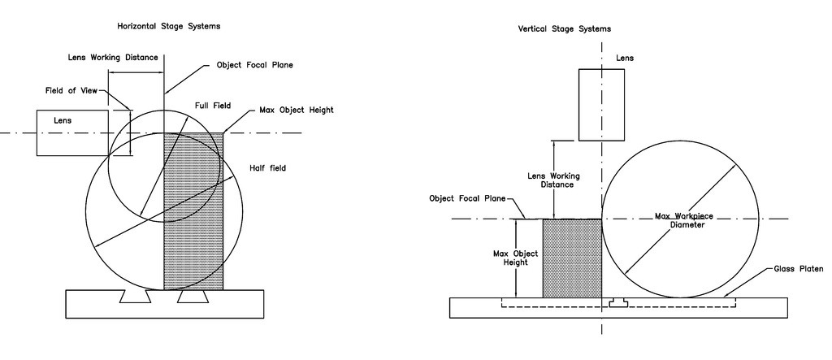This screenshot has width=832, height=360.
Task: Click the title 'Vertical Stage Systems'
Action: click(x=564, y=28)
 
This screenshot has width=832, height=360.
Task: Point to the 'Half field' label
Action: click(x=268, y=168)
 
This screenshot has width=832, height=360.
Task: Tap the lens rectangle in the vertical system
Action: click(x=601, y=105)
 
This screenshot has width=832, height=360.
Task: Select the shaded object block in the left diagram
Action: click(x=193, y=211)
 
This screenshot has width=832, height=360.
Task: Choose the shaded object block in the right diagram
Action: click(x=572, y=258)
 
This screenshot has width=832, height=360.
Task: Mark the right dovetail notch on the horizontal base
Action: click(x=193, y=297)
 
